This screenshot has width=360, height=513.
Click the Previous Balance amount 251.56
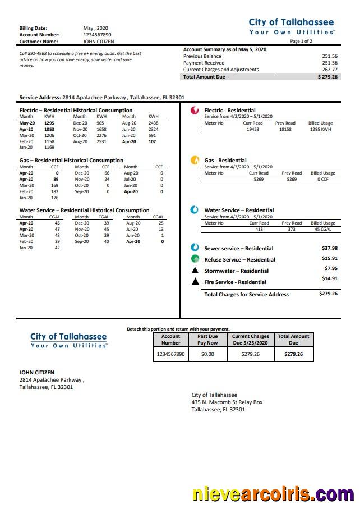(329, 56)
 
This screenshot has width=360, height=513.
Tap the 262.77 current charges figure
(329, 70)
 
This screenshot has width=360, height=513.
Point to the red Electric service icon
(195, 111)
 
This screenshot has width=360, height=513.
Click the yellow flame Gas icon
(195, 161)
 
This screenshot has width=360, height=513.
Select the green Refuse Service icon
(195, 259)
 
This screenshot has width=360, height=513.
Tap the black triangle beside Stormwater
(195, 271)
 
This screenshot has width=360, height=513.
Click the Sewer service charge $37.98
(329, 248)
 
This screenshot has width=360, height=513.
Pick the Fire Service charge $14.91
(329, 278)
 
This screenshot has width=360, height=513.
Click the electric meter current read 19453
(253, 129)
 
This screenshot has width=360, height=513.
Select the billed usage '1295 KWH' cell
(321, 129)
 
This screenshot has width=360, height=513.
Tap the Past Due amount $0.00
(207, 355)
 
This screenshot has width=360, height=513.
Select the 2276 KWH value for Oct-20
(101, 135)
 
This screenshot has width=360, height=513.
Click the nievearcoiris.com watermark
(273, 495)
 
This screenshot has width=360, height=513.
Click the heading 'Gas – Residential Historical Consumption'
(71, 161)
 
